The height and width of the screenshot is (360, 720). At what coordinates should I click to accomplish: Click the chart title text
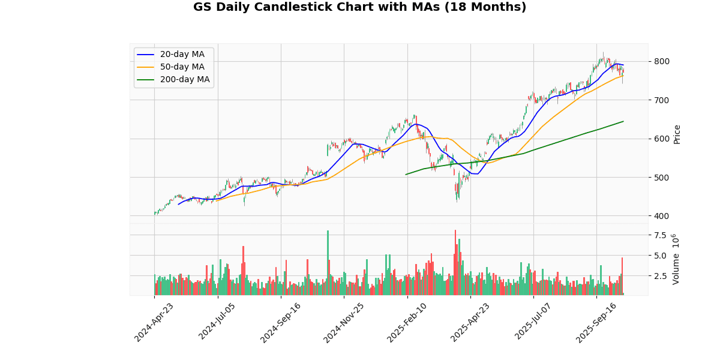[x=359, y=8]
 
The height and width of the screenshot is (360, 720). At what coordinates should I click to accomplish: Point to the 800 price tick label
[x=661, y=61]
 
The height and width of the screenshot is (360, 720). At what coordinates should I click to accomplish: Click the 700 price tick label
[x=661, y=100]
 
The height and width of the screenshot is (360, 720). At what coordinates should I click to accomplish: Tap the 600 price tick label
[x=661, y=139]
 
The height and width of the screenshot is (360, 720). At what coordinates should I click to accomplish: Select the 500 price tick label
[x=661, y=177]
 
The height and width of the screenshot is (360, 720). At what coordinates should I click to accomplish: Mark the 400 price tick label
[x=661, y=216]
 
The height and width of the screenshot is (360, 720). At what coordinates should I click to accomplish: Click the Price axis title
[x=677, y=134]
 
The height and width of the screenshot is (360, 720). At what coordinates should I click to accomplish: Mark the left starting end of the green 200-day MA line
[x=406, y=175]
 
